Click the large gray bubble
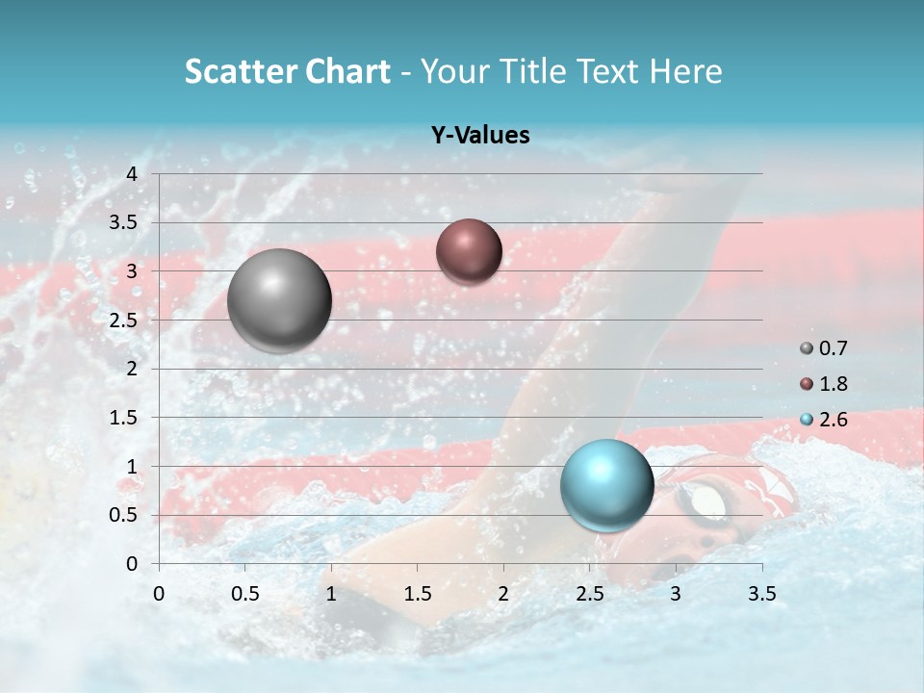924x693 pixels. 279,300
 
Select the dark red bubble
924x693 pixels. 469,251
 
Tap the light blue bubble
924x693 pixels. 606,485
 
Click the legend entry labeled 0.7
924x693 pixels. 825,348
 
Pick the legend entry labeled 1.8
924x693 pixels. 825,384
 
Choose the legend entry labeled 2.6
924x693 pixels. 825,420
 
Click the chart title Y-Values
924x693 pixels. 479,136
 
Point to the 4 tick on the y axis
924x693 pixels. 132,174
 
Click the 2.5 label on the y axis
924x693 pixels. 125,321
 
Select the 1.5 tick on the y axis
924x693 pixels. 125,418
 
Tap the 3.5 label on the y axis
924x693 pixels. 125,223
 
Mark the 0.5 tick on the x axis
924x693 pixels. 245,593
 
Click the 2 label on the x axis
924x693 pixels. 503,593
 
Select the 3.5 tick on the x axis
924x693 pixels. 762,593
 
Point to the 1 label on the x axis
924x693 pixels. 331,593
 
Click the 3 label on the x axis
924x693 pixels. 676,593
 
